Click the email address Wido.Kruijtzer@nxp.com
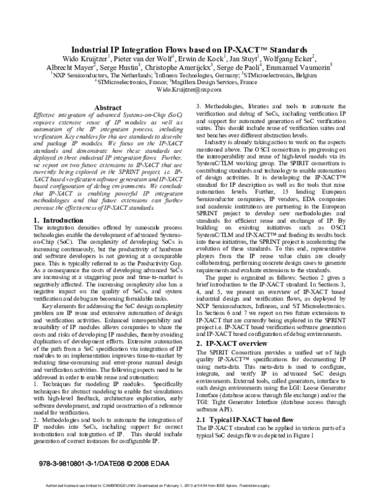click(189, 90)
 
